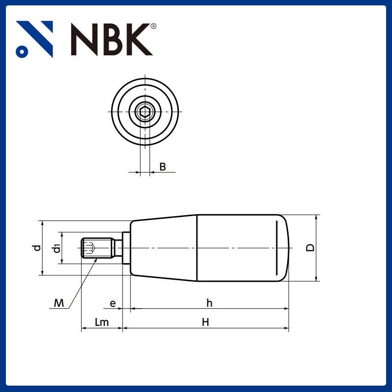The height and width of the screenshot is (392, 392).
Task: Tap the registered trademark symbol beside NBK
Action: (x=153, y=26)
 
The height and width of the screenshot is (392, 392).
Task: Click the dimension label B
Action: (x=163, y=167)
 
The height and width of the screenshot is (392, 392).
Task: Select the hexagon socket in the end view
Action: (x=145, y=112)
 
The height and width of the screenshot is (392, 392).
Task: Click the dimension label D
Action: (x=310, y=247)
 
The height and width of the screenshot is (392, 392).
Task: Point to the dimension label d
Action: (x=37, y=248)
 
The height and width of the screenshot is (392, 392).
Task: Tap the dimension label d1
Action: (x=57, y=248)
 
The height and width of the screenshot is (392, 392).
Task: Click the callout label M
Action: (x=59, y=304)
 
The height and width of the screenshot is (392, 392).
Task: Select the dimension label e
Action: (x=113, y=304)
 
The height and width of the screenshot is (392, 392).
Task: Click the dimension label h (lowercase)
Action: (x=209, y=303)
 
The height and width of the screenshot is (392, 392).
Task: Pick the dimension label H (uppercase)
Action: (x=206, y=322)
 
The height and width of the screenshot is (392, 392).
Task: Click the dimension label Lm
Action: (x=101, y=322)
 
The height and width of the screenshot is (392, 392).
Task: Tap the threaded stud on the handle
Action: (x=97, y=248)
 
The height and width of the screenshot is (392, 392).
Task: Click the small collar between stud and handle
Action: (x=126, y=248)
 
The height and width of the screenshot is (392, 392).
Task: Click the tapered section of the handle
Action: (x=164, y=248)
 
